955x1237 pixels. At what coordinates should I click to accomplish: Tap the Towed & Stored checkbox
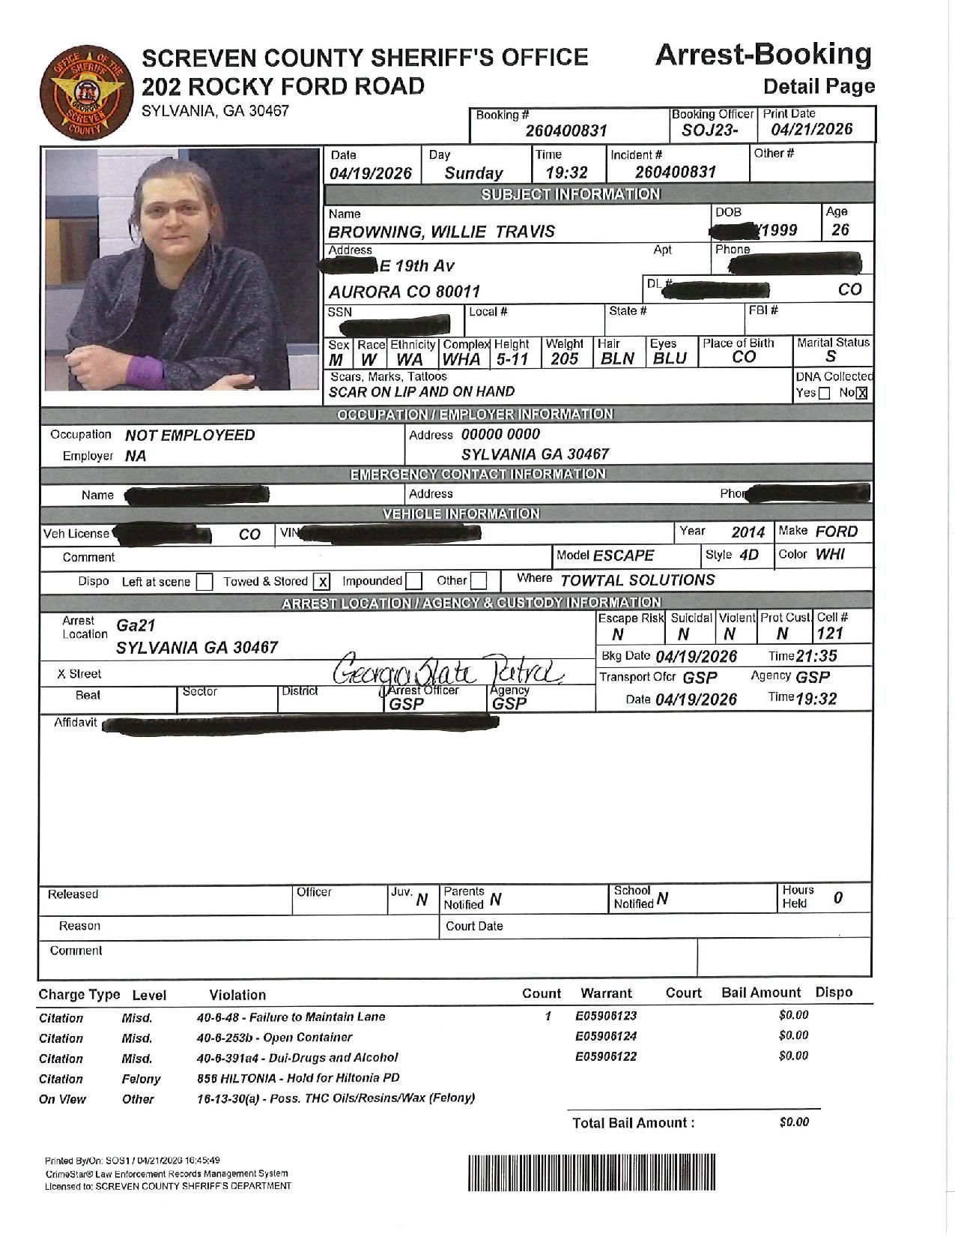pos(321,582)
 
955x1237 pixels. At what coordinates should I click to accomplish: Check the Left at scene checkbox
pos(204,583)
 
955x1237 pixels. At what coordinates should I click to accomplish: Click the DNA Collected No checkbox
pos(861,394)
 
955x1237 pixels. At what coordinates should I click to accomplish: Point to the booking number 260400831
pos(566,131)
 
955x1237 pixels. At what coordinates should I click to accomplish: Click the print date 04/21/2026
pos(812,129)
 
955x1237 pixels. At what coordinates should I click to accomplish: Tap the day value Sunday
pos(473,173)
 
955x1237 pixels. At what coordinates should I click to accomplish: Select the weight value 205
pos(564,359)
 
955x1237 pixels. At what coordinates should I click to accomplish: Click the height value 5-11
pos(512,359)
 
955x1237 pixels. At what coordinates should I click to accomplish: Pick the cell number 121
pos(831,633)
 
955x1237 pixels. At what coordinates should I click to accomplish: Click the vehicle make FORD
pos(836,532)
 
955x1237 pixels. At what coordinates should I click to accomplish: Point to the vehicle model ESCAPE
pos(623,556)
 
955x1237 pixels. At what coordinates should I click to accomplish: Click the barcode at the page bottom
pos(592,1173)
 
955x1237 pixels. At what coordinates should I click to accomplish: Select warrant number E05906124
pos(605,1036)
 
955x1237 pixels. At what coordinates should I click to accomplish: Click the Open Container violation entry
pos(274,1038)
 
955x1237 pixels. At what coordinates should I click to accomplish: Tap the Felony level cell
pos(141,1079)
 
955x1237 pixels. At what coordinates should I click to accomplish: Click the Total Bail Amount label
pos(633,1122)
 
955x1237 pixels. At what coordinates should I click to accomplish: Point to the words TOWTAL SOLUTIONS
pos(637,580)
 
